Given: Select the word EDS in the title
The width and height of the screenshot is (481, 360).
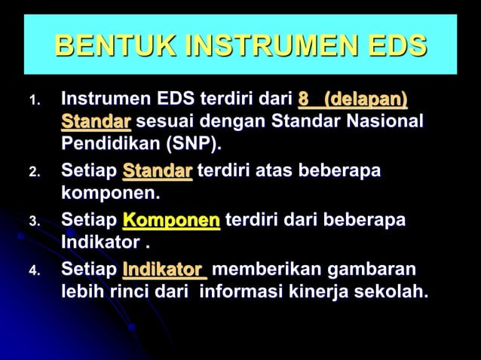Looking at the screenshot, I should coord(397,48).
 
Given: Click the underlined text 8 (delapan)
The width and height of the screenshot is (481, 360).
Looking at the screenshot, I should coord(353,99).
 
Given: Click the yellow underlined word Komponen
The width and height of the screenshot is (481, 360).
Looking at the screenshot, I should coord(171,221).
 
